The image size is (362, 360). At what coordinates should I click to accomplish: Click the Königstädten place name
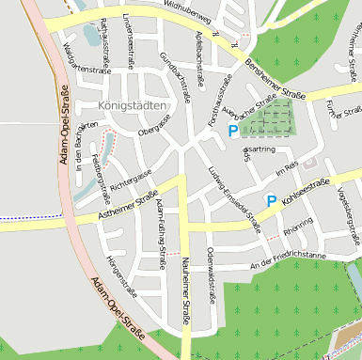click(132, 106)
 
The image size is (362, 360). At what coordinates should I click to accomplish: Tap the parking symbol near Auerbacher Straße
click(232, 133)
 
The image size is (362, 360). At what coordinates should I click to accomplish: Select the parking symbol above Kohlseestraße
click(271, 200)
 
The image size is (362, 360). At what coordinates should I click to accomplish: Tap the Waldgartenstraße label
click(78, 57)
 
